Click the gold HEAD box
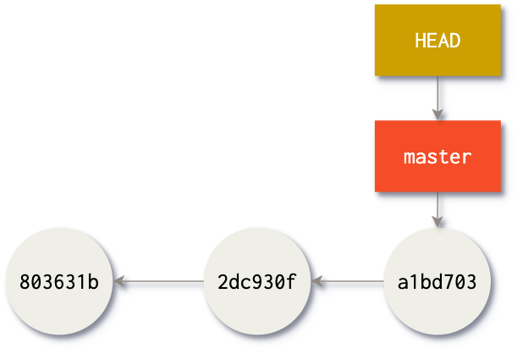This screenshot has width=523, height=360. pyautogui.click(x=438, y=40)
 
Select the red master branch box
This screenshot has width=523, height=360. pyautogui.click(x=438, y=156)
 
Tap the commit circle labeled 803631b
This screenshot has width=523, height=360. pyautogui.click(x=58, y=280)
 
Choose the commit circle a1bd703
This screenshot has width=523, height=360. pyautogui.click(x=437, y=280)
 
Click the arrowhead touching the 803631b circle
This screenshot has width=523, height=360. pyautogui.click(x=120, y=280)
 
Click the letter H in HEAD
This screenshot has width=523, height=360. pyautogui.click(x=421, y=41)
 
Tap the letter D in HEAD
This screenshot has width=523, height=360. pyautogui.click(x=455, y=41)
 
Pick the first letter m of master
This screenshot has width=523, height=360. pyautogui.click(x=410, y=158)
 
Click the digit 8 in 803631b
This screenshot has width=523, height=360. pyautogui.click(x=24, y=281)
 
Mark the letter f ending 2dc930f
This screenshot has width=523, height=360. pyautogui.click(x=292, y=280)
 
